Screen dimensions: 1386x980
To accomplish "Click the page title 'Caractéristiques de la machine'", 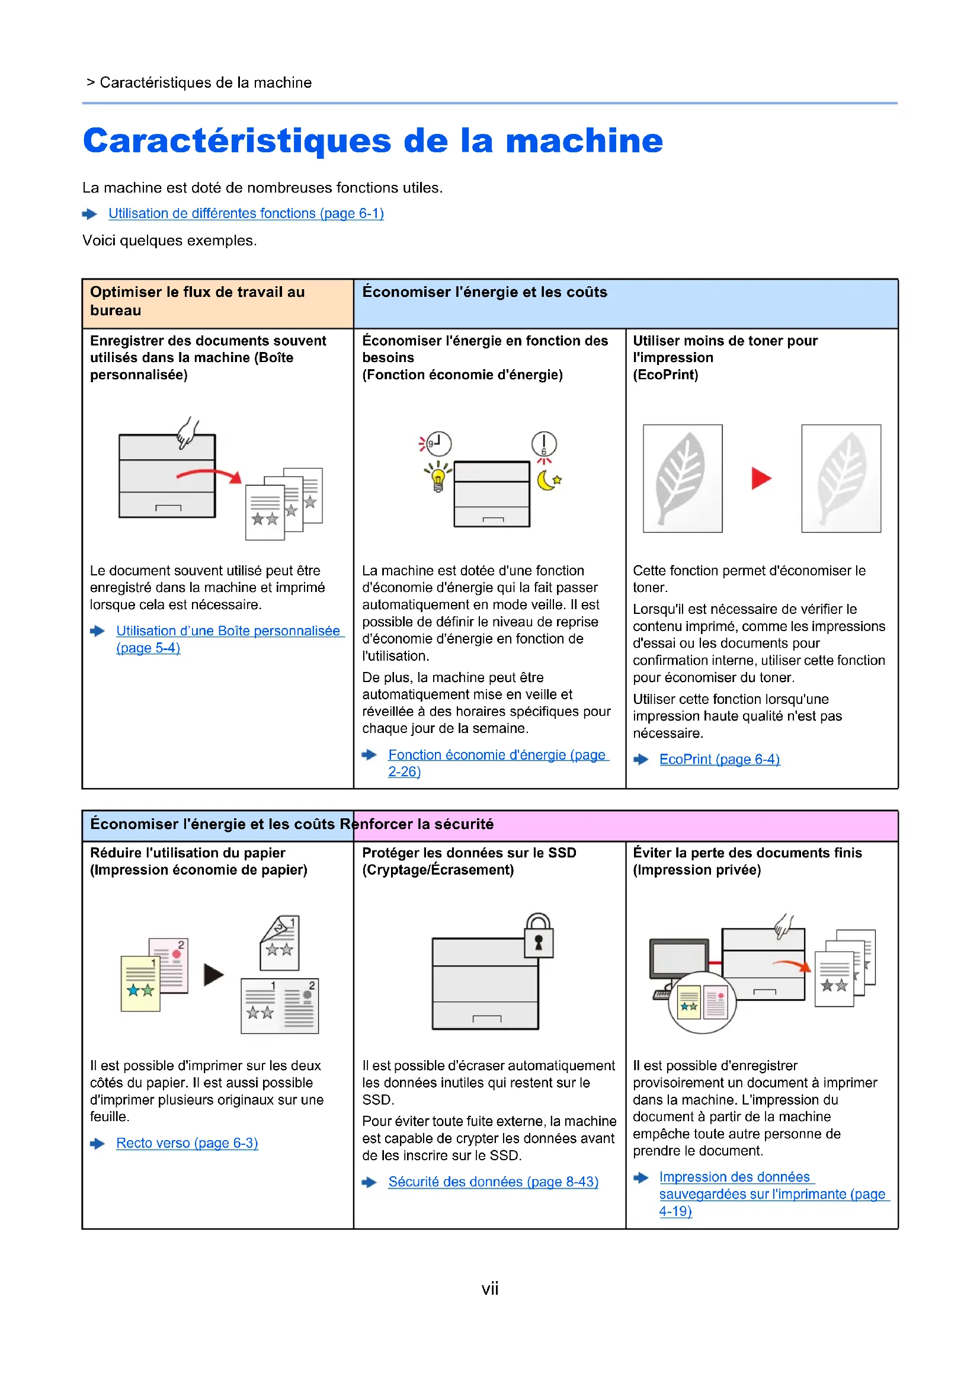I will [x=372, y=140].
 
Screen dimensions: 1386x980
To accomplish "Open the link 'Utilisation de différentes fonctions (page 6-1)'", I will [x=246, y=214].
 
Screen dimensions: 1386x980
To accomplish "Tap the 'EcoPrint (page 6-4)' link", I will [x=719, y=760].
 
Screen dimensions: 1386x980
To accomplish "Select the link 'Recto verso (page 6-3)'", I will [x=187, y=1143].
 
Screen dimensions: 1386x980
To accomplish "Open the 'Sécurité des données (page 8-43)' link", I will [x=493, y=1182].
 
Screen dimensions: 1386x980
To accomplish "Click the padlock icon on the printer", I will [x=538, y=937].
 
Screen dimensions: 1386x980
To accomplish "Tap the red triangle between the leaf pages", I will [x=761, y=478].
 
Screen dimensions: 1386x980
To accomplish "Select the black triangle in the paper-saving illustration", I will [x=213, y=975].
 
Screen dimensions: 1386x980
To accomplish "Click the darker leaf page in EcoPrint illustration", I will [x=683, y=478].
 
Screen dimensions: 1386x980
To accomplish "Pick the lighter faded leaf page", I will [x=841, y=478].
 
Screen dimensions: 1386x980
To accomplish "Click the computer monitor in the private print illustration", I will [x=679, y=959].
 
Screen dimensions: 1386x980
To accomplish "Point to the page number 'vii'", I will [x=489, y=1289].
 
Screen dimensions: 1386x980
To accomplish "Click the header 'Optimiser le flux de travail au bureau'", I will [x=197, y=301].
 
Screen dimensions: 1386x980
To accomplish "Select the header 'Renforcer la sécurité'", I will [x=423, y=825].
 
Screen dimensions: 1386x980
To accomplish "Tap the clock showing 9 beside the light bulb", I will [x=438, y=444].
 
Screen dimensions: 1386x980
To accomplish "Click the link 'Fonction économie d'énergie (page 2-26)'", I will [x=497, y=755].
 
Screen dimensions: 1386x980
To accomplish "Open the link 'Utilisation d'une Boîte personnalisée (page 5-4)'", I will [x=228, y=632].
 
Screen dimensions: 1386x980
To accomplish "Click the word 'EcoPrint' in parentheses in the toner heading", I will [x=665, y=375].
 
